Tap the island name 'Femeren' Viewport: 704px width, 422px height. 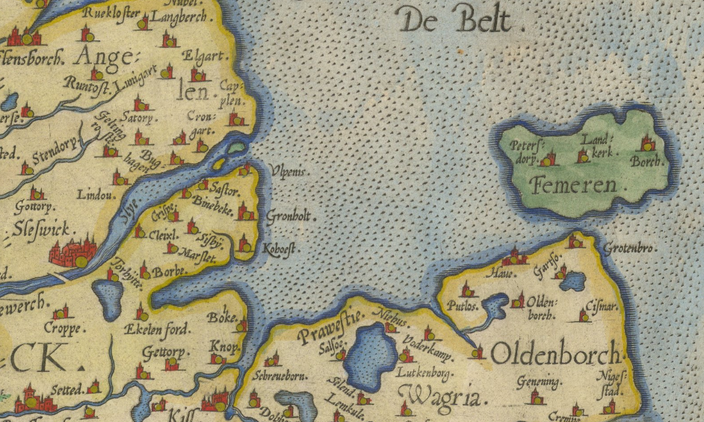click(575, 184)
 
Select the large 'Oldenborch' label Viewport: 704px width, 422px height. click(556, 353)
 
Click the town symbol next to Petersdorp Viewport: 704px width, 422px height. click(550, 158)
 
